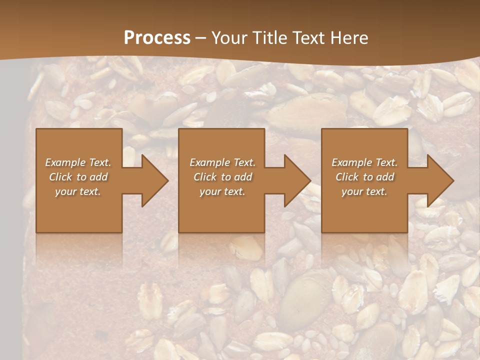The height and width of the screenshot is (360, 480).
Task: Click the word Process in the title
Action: click(157, 38)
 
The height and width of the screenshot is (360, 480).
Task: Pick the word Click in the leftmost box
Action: click(60, 177)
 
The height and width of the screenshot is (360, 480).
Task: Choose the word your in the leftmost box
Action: click(66, 192)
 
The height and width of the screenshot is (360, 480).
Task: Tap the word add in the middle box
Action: click(242, 177)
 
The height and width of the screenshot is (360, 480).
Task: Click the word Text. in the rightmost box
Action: click(386, 162)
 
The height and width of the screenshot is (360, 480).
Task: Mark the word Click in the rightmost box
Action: click(347, 177)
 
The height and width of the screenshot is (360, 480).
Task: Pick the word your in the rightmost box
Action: click(352, 192)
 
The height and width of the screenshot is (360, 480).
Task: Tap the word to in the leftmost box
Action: click(81, 177)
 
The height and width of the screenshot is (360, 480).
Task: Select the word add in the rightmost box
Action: click(384, 177)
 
